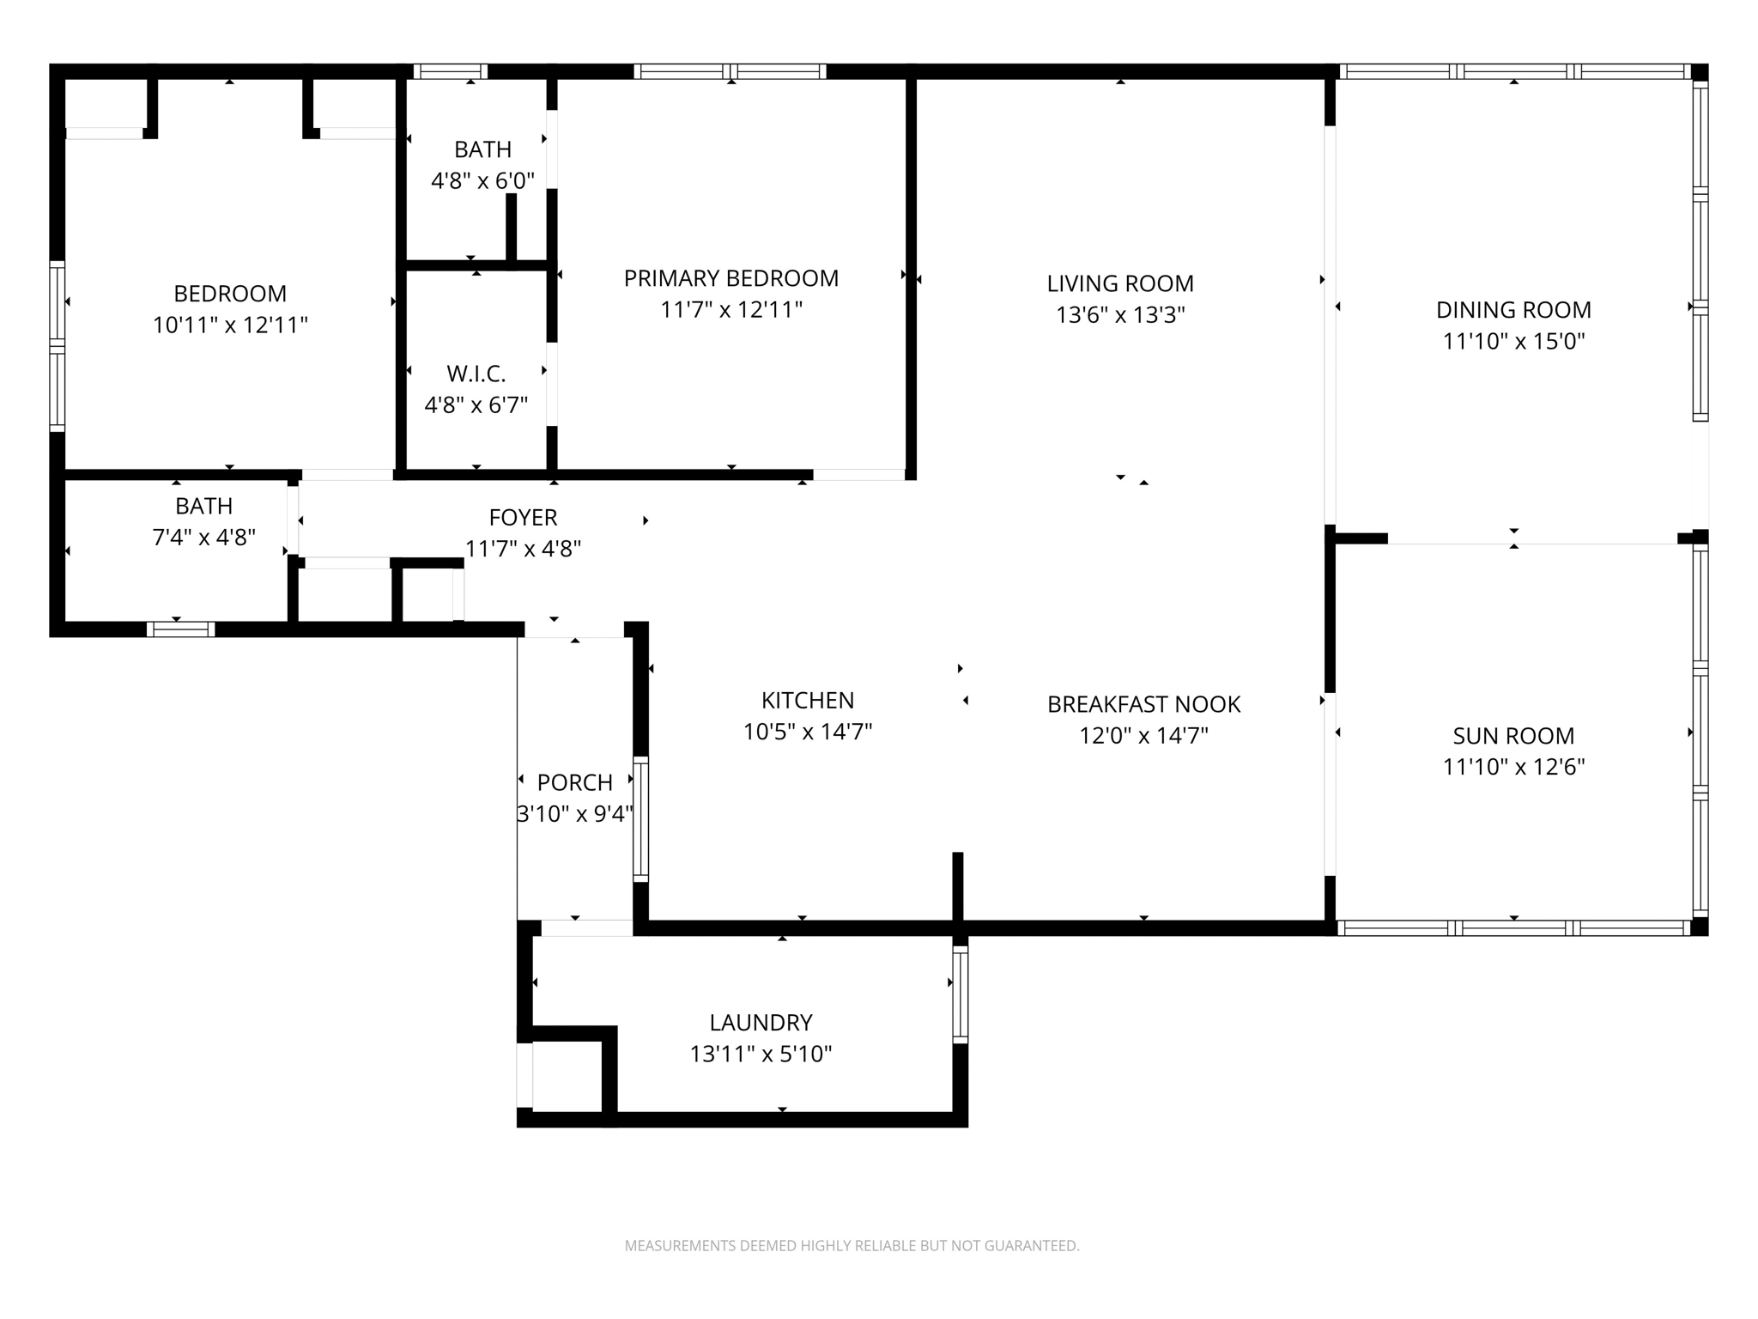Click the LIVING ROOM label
point(1119,283)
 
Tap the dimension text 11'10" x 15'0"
point(1513,341)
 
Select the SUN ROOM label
point(1513,736)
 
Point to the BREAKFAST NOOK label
point(1143,704)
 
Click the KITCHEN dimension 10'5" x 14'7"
point(807,732)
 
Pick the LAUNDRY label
point(761,1023)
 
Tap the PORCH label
point(574,782)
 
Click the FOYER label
point(523,517)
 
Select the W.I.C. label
point(476,374)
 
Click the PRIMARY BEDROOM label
point(730,278)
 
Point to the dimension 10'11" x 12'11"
point(230,325)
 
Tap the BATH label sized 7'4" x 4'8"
point(203,506)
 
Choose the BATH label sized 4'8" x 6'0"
point(482,149)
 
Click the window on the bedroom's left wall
point(57,345)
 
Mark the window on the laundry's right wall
point(960,994)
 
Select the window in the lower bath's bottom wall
point(180,629)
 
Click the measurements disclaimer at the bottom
point(852,1246)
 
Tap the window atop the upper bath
point(450,71)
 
